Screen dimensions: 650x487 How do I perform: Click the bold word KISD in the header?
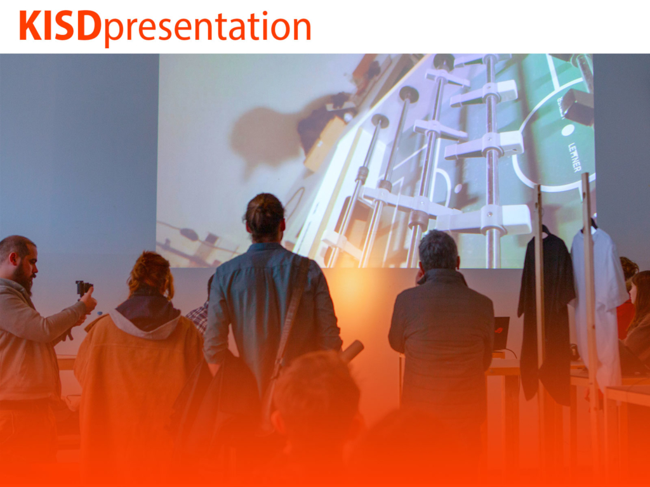[x=60, y=25]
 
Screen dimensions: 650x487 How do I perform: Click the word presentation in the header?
[x=207, y=28]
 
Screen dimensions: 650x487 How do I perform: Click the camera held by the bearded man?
[x=83, y=288]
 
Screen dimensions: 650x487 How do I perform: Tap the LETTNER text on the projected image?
[x=574, y=157]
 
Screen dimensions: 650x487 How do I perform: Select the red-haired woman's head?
[x=150, y=274]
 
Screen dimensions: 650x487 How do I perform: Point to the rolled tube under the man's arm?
[x=352, y=350]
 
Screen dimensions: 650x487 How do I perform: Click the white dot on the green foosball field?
[x=567, y=130]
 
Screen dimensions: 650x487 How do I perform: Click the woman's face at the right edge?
[x=634, y=292]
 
